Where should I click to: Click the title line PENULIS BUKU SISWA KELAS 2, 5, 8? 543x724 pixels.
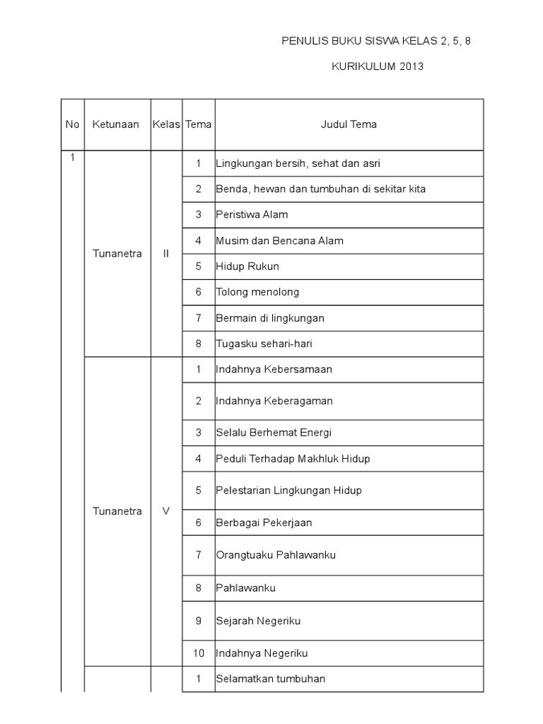[375, 41]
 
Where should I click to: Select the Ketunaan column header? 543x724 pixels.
[116, 124]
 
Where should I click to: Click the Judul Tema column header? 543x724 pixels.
[349, 124]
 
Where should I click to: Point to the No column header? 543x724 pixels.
[73, 124]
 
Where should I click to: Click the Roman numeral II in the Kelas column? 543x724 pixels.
[166, 254]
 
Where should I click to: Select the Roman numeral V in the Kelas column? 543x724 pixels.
[166, 511]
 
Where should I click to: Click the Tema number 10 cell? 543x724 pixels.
[199, 653]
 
